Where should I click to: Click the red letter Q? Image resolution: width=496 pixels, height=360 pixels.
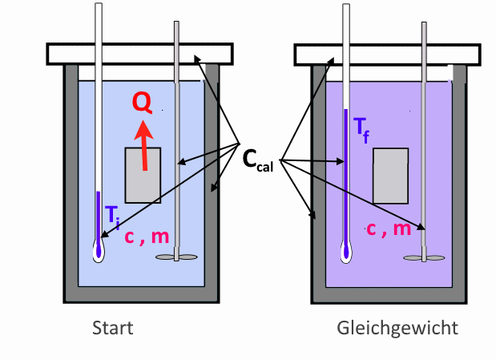point(143,103)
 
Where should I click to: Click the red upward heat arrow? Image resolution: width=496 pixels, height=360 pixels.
point(144,145)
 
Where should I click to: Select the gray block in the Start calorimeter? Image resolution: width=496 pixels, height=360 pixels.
point(143,175)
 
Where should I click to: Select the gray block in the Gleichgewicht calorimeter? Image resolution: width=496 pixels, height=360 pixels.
point(391,176)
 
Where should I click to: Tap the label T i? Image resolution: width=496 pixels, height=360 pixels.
point(112,217)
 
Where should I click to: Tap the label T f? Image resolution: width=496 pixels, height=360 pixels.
point(361,130)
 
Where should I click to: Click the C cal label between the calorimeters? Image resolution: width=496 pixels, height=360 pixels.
point(258,161)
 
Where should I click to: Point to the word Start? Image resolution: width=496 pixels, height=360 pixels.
point(113,328)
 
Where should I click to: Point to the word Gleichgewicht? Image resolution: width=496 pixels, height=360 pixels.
point(397,329)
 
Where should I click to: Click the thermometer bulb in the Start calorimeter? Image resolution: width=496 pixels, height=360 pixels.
point(99,252)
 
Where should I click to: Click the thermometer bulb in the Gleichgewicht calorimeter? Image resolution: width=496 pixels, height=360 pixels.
point(346,253)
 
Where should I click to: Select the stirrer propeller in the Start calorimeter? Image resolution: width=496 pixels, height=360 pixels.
point(176,257)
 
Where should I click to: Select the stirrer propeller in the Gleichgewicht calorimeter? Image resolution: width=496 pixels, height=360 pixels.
point(424,258)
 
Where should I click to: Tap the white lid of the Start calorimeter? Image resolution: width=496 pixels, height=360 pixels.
point(140,55)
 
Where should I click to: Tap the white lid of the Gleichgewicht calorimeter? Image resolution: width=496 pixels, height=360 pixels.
point(388,55)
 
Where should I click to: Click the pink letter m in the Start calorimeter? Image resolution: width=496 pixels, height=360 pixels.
point(160,237)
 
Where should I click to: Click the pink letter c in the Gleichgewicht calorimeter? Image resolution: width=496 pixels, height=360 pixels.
point(371,229)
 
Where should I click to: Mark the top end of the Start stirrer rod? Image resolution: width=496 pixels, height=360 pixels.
point(176,22)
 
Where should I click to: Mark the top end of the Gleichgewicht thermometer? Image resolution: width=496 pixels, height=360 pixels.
point(346,5)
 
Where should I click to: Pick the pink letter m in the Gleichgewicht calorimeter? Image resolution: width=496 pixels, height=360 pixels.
point(402,229)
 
